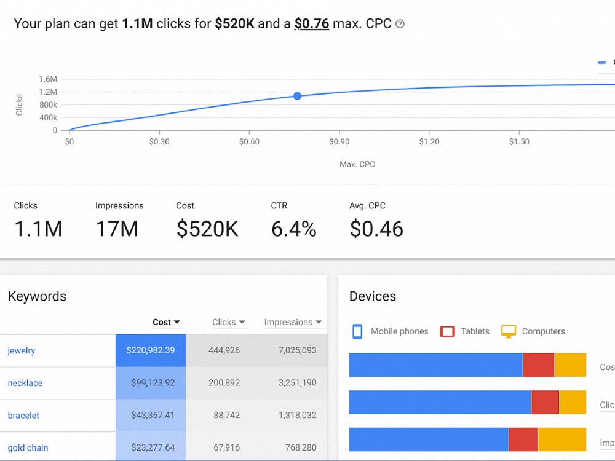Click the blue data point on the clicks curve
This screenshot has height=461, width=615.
point(297,96)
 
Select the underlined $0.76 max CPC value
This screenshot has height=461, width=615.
point(312,23)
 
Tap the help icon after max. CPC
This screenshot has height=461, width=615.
point(400,24)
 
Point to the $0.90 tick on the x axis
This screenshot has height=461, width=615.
point(339,141)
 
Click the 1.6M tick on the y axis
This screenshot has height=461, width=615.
point(48,79)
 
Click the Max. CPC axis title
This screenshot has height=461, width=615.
point(357,164)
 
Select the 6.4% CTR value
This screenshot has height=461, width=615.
point(294,229)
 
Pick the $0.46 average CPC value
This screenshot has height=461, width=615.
point(376,229)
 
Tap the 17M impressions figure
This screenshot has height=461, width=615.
point(117,229)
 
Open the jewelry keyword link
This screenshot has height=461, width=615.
point(22,350)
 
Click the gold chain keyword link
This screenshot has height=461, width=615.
point(28,447)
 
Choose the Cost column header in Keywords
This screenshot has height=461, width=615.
point(166,322)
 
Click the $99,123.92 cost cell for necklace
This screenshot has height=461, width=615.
point(153,382)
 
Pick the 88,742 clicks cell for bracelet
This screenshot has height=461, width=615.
point(226,415)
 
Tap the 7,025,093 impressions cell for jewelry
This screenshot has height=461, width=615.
point(297,350)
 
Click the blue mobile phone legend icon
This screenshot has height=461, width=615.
point(357,331)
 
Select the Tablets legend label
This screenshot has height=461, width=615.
point(475,331)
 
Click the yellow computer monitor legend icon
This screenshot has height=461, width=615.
point(509,331)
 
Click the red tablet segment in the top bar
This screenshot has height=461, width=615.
point(539,365)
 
